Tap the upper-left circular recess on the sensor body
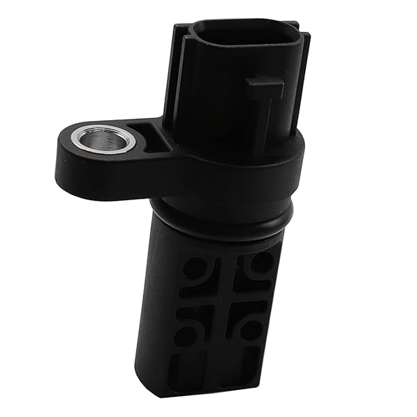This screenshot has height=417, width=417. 195,267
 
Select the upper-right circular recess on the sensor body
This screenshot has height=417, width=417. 261,263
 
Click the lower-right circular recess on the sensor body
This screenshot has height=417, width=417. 252,327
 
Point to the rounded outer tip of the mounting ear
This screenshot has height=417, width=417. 64,156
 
